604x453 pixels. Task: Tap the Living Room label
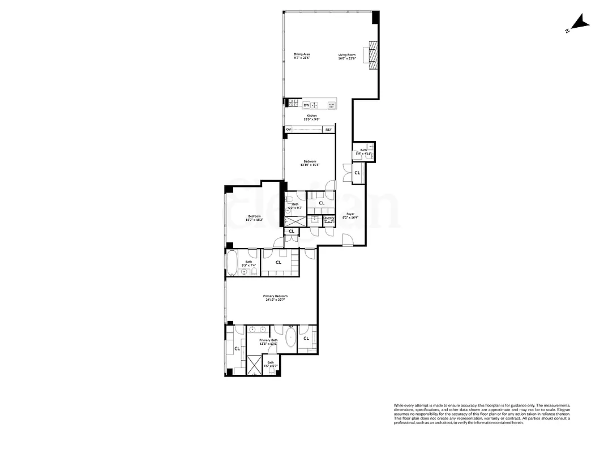(347, 54)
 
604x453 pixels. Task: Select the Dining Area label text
(301, 54)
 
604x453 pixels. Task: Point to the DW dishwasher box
(306, 105)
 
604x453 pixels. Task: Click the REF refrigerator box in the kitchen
(328, 130)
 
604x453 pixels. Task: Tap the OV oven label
(288, 130)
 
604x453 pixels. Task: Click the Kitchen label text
(312, 116)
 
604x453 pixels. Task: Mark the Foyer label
(351, 214)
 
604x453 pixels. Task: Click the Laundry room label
(329, 218)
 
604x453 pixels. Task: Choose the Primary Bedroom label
(275, 296)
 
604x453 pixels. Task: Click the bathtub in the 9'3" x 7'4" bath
(232, 263)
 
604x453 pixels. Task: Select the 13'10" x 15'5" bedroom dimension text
(310, 165)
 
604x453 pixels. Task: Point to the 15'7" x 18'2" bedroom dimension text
(254, 220)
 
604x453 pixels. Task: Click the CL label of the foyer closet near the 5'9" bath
(357, 173)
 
